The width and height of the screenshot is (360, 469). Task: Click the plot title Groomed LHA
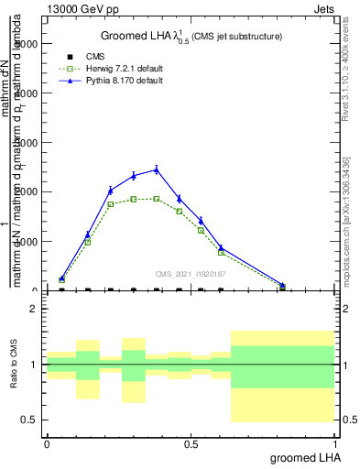point(191,36)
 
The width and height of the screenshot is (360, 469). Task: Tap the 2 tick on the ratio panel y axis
point(36,309)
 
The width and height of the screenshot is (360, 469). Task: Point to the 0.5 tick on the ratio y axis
point(32,420)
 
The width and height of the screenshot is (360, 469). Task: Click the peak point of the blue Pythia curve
point(156,169)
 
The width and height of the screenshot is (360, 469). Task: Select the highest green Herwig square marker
point(156,198)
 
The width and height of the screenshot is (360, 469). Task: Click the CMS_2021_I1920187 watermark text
point(191,273)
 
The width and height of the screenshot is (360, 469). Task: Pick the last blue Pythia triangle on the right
point(282,285)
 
